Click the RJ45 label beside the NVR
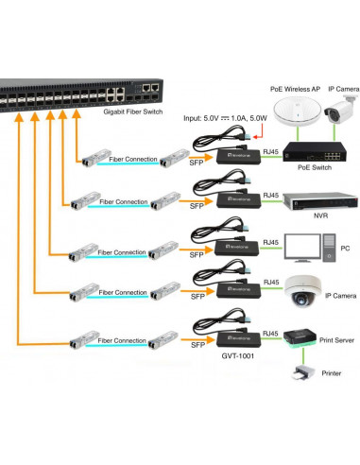click(271, 195)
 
